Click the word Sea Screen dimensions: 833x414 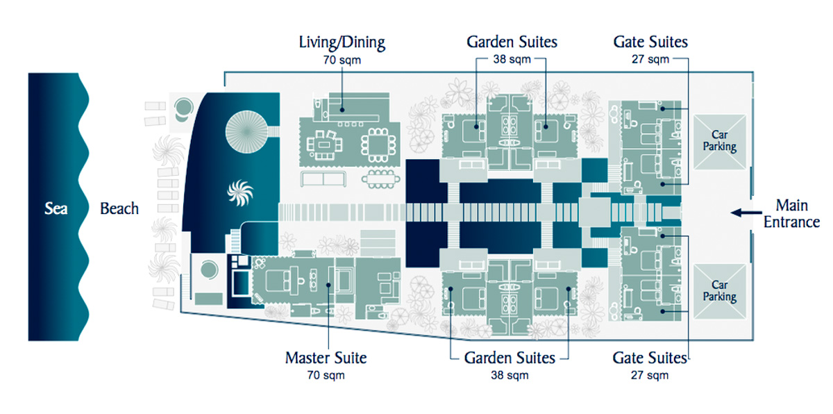point(56,208)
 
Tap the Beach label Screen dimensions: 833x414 point(119,208)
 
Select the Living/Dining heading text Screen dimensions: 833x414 point(342,43)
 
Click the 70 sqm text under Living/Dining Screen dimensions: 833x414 point(342,60)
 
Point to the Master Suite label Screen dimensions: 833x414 point(326,358)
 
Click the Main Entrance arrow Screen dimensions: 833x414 point(746,213)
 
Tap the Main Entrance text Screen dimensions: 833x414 point(792,213)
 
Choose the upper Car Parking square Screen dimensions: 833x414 point(720,142)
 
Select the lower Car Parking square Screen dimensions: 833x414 point(720,292)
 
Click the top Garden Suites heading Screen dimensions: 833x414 point(512,42)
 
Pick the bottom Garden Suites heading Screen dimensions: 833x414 point(510,358)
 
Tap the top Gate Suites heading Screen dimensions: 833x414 point(650,42)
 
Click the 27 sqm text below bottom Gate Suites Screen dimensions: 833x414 point(650,375)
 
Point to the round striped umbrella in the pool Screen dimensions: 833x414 point(246,132)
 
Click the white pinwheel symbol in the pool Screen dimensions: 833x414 point(240,193)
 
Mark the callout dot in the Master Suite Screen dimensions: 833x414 point(328,285)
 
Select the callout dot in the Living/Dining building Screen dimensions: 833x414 point(342,110)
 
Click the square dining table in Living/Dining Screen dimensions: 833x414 point(378,145)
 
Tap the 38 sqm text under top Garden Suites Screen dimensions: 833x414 point(512,59)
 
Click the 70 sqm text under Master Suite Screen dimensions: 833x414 point(326,375)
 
